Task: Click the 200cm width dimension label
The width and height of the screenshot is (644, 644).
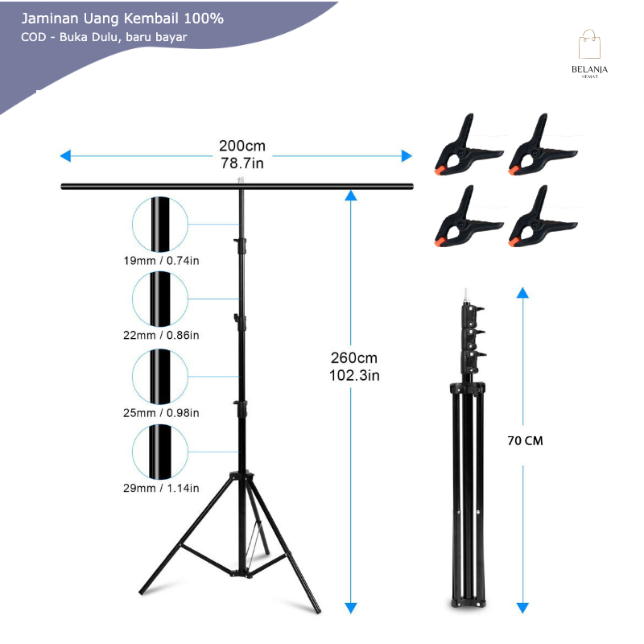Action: [242, 147]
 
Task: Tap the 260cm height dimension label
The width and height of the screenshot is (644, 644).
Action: [354, 357]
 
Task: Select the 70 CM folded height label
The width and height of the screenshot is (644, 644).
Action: [525, 441]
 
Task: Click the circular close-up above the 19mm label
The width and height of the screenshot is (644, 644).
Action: [159, 224]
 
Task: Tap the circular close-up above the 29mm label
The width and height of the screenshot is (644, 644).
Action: [159, 452]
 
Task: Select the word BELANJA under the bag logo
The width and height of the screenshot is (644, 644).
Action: [589, 70]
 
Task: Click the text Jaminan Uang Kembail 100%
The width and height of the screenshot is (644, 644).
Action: [122, 18]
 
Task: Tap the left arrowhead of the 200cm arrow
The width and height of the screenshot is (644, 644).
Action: [65, 156]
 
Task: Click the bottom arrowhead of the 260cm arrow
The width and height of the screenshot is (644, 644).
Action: [350, 607]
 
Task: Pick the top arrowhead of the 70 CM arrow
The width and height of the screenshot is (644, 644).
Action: [522, 292]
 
